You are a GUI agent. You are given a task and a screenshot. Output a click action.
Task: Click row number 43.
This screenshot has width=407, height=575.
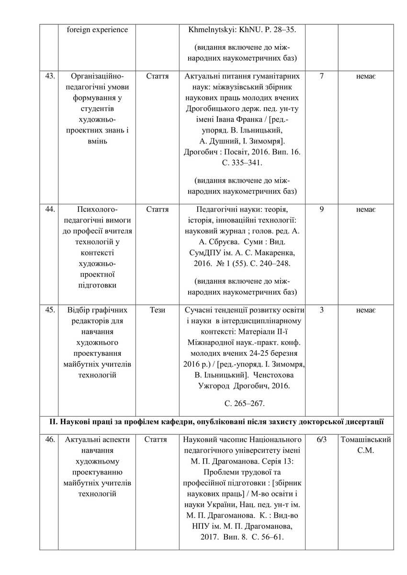pyautogui.click(x=50, y=76)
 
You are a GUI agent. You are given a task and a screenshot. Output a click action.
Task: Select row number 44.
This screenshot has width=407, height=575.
pyautogui.click(x=50, y=209)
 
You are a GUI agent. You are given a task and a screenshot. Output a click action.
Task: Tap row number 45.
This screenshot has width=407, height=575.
pyautogui.click(x=50, y=310)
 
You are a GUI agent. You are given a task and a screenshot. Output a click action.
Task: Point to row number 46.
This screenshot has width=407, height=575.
pyautogui.click(x=50, y=439)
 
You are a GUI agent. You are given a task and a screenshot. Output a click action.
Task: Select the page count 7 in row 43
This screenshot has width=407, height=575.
pyautogui.click(x=321, y=76)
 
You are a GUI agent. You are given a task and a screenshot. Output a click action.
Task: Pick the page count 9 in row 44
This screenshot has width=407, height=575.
pyautogui.click(x=321, y=209)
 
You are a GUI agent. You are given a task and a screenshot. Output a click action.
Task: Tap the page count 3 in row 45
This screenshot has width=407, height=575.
pyautogui.click(x=321, y=310)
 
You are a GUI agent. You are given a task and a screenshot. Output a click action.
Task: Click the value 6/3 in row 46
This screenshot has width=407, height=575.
pyautogui.click(x=321, y=439)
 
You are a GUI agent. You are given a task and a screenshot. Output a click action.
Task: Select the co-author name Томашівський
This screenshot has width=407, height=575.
pyautogui.click(x=366, y=439)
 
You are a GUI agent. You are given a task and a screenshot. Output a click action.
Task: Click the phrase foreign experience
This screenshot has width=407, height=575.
pyautogui.click(x=97, y=30)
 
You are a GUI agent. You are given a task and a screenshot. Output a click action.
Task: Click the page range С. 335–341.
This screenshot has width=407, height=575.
pyautogui.click(x=242, y=163)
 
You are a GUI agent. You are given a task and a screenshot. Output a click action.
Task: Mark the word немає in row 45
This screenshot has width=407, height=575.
pyautogui.click(x=366, y=310)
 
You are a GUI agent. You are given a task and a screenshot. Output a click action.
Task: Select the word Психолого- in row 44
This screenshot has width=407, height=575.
pyautogui.click(x=97, y=209)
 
